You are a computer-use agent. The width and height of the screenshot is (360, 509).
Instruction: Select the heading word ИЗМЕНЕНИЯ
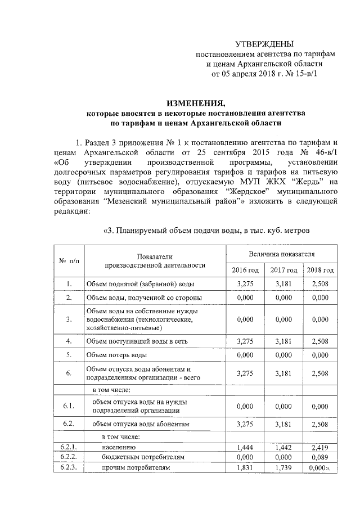coord(194,102)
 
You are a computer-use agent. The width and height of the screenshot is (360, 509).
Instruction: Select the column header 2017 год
coord(283,271)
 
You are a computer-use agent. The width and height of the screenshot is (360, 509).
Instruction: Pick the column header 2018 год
coord(319,271)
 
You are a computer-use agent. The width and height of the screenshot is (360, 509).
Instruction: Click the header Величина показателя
coord(282,255)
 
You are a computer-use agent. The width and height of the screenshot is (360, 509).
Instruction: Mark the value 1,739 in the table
coord(283,467)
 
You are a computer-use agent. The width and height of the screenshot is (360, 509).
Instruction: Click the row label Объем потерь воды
coord(116,355)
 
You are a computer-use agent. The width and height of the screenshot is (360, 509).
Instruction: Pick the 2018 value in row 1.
coord(319,284)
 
